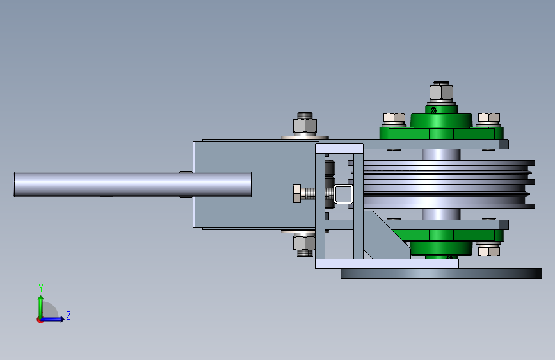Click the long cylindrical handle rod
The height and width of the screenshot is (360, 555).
(x=133, y=184)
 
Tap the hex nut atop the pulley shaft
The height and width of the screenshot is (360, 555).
(x=441, y=92)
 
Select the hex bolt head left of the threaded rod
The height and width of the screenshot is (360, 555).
(x=297, y=194)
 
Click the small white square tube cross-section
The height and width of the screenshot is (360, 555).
(x=343, y=194)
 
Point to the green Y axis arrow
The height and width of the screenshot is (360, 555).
(x=41, y=307)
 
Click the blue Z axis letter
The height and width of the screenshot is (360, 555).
(x=68, y=315)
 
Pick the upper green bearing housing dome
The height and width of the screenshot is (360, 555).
(x=441, y=120)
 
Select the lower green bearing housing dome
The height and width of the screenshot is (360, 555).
(x=441, y=249)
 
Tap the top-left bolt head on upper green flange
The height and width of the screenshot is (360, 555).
(x=394, y=118)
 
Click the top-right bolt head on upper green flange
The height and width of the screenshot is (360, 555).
(x=489, y=118)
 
